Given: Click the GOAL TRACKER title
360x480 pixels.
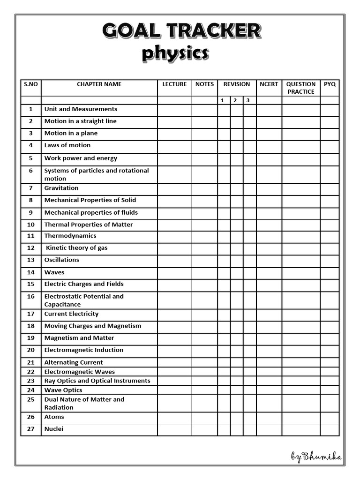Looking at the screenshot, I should pos(181,31).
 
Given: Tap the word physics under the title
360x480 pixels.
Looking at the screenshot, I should pos(175,54).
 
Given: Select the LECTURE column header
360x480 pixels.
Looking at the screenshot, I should pos(174,84).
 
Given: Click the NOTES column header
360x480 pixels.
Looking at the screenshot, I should pos(204,84).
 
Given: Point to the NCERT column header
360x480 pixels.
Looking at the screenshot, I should pos(269,84).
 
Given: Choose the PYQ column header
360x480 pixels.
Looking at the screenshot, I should pos(330,84).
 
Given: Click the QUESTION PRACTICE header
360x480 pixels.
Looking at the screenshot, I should pos(301,88).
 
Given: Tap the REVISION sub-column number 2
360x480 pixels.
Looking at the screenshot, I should pos(236,100).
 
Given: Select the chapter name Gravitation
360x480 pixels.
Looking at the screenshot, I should pos(61,188).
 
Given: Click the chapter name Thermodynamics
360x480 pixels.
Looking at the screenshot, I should pos(70,236).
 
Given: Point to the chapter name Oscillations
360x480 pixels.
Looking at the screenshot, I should pos(62,260).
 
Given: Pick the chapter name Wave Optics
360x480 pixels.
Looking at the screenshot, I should pos(63,390).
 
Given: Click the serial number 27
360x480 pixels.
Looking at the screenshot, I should pos(31,429).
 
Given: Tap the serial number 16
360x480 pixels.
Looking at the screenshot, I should pos(31,297).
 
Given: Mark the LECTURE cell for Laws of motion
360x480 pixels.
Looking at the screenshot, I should pos(174,146).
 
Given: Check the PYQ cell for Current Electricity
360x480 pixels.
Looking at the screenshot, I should pos(330,315).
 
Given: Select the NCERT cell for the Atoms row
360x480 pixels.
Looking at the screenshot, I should pos(269,418).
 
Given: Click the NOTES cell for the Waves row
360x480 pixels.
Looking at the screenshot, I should pos(204,273).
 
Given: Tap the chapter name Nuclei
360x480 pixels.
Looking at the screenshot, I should pos(54,429).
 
